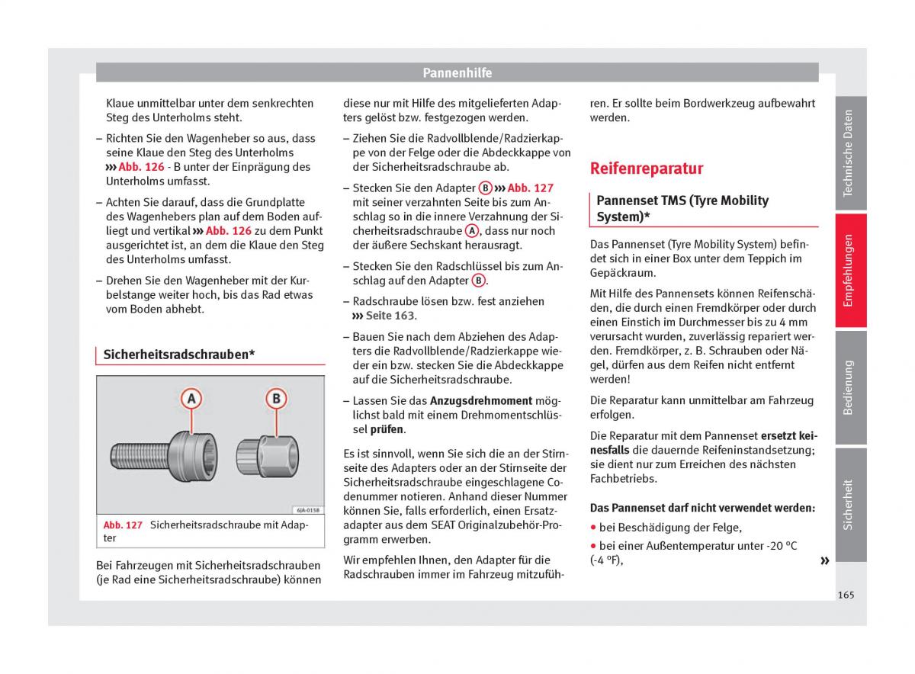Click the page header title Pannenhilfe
[x=457, y=73]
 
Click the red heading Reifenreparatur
[x=647, y=168]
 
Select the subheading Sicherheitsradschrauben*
[x=178, y=355]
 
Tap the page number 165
[x=845, y=595]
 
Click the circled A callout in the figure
[x=191, y=399]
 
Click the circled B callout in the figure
[x=276, y=399]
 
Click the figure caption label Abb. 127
[x=123, y=525]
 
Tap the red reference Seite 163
[x=390, y=316]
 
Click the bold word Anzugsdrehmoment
[x=480, y=400]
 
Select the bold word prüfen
[x=387, y=429]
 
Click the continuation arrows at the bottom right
[x=823, y=561]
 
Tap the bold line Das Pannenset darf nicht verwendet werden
[x=702, y=508]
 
